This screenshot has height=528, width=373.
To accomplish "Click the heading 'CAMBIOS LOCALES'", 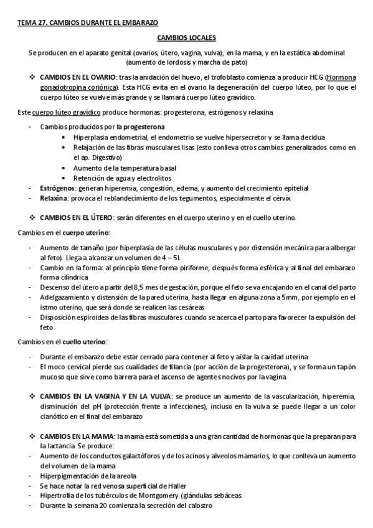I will (x=186, y=38).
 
